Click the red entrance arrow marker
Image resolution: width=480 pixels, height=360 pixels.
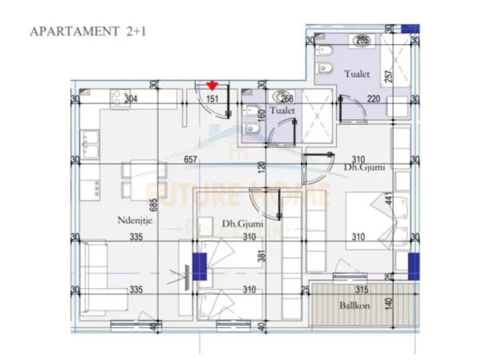(x=212, y=84)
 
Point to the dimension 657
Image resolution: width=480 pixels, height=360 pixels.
(x=190, y=160)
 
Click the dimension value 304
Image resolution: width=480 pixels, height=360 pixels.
(x=130, y=99)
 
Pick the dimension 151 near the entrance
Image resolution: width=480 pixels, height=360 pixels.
(x=213, y=99)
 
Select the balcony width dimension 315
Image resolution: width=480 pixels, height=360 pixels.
(x=361, y=290)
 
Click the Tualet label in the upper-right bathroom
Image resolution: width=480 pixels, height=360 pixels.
(x=358, y=74)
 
